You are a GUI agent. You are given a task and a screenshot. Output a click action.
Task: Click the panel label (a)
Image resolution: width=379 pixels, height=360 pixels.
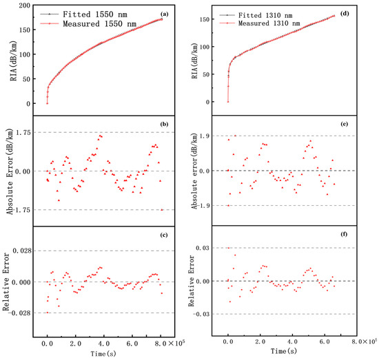(165, 14)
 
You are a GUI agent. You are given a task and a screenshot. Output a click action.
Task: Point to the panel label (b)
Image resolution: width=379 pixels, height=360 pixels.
(165, 125)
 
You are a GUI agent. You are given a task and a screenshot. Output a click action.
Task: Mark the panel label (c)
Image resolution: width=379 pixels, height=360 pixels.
(164, 235)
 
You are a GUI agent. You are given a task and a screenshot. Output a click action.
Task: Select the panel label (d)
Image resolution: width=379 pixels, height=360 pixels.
(345, 14)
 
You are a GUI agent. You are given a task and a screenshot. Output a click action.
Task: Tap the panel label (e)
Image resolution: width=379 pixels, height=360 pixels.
(344, 124)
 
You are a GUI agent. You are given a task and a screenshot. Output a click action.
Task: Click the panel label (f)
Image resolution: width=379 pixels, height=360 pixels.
(344, 234)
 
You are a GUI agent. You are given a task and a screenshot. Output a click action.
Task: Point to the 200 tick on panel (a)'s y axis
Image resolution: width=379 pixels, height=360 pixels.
(25, 6)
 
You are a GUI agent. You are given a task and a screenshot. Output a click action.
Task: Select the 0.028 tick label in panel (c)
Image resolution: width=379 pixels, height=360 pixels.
(22, 251)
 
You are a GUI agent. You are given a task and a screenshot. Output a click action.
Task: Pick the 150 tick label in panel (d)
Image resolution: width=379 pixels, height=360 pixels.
(203, 19)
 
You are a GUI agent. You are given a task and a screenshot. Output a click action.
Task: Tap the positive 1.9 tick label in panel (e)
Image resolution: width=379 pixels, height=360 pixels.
(204, 136)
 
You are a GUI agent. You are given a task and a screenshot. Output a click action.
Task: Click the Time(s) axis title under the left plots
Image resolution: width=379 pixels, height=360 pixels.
(103, 354)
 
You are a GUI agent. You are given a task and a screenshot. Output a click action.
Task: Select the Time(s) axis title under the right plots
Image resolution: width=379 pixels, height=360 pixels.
(284, 351)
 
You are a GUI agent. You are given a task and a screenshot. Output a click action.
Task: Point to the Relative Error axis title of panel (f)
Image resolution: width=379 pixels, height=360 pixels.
(192, 281)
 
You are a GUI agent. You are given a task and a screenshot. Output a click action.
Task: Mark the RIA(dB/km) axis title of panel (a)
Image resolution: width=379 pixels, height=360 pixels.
(14, 61)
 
